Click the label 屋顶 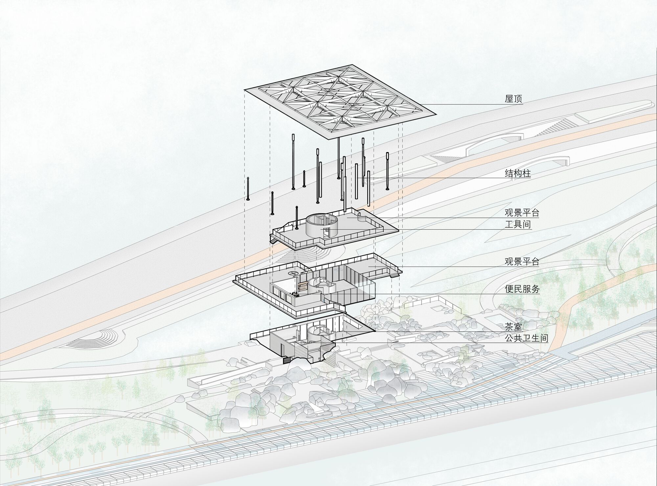click(513, 99)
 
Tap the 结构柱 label click(518, 173)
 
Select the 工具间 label click(518, 225)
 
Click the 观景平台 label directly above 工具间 click(522, 213)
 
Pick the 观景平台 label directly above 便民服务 click(522, 262)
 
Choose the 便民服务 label click(522, 289)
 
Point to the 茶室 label click(513, 326)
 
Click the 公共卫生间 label click(526, 338)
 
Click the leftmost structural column click(248, 188)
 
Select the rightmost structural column click(387, 171)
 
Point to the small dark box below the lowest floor click(287, 360)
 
